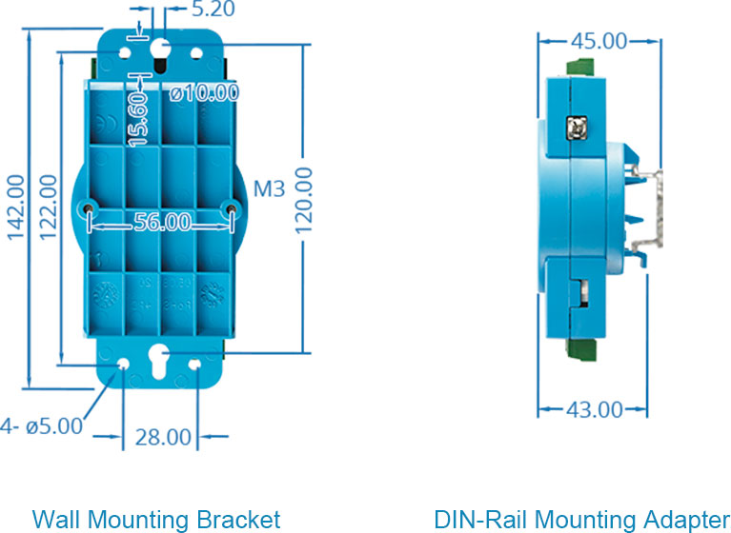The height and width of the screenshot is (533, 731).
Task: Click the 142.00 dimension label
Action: (15, 207)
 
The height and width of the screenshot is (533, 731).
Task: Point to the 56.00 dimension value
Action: (161, 222)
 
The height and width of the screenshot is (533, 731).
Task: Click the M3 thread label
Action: (270, 188)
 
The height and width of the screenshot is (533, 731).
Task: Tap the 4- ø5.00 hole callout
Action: (43, 426)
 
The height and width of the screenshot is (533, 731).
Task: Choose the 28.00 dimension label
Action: (161, 437)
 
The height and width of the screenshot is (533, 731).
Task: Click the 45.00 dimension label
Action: (598, 41)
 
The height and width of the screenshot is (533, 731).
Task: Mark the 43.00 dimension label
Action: (593, 409)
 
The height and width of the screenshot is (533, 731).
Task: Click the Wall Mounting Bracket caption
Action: (156, 519)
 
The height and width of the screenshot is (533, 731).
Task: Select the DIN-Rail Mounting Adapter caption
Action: (581, 519)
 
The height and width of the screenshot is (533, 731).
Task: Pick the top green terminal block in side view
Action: (579, 69)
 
